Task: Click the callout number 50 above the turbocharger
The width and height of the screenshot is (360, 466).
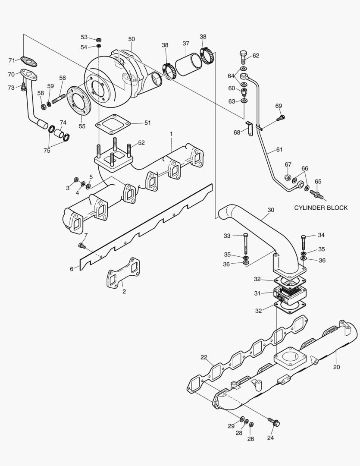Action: (x=131, y=39)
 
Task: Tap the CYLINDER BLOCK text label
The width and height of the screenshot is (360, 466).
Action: (x=321, y=208)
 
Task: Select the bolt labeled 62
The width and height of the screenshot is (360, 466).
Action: (x=243, y=57)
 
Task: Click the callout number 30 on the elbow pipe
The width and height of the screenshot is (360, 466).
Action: (x=270, y=210)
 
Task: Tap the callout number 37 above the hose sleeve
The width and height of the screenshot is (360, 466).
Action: (x=186, y=43)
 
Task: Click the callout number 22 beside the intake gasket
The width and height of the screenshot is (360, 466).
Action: (x=204, y=357)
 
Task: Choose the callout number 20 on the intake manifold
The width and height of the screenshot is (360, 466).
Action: (x=336, y=367)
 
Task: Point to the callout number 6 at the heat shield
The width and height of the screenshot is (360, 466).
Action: (x=72, y=269)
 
